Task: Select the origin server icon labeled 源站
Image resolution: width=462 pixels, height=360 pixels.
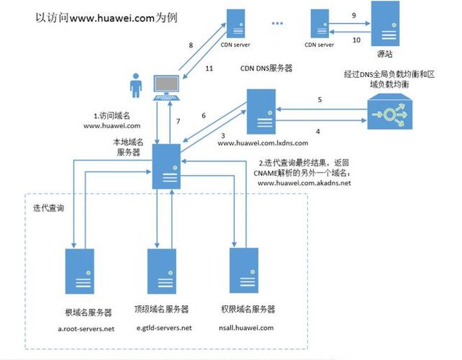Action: [385, 24]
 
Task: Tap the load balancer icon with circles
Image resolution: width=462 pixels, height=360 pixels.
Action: [389, 112]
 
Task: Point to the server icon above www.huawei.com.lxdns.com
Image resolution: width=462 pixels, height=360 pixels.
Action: [261, 112]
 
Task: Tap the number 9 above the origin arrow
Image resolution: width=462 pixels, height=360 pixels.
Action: [353, 15]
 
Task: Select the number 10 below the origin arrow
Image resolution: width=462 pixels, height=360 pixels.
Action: [354, 40]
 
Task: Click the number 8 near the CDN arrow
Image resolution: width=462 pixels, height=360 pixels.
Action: [191, 45]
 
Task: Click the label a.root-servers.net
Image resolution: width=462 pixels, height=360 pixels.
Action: [86, 329]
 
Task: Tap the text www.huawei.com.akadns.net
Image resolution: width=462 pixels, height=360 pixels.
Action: [304, 184]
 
